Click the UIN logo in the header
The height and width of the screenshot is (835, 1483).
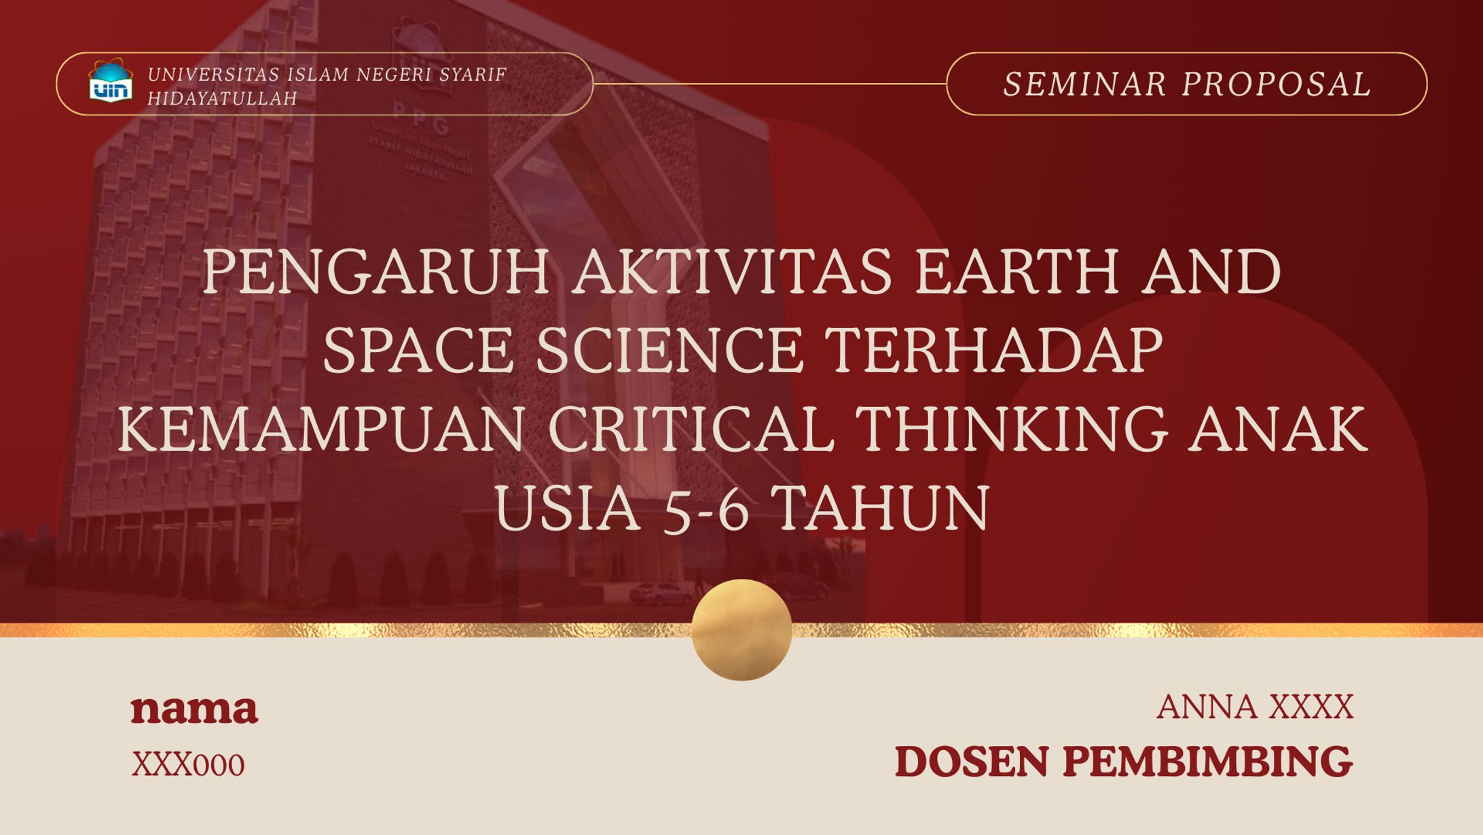coord(111,82)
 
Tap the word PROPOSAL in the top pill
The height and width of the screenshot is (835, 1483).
coord(1277,84)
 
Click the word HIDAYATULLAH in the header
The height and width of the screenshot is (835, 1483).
coord(223,99)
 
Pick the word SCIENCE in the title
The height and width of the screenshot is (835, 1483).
coord(670,351)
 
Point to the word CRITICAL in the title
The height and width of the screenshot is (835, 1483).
coord(691,429)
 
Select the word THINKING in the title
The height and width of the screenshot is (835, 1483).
coord(1010,429)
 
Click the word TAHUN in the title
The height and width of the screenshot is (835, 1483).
coord(882,508)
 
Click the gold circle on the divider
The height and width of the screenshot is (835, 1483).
coord(741,630)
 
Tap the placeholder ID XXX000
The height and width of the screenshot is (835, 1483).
coord(188,765)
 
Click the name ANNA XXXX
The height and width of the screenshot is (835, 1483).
coord(1255,707)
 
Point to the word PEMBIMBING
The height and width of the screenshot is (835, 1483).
coord(1207,762)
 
